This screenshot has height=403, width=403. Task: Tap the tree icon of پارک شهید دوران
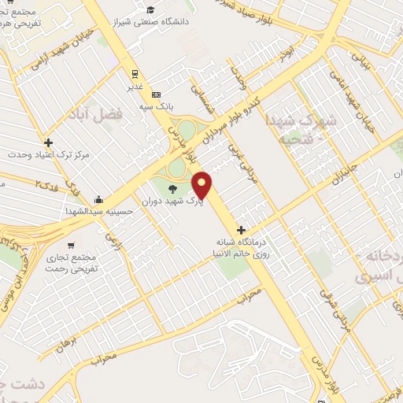pos(172,187)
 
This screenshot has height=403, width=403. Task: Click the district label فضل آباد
pos(119,115)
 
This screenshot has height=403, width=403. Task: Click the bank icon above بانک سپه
pos(156,92)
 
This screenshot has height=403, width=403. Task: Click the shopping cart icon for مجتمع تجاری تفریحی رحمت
pos(72,245)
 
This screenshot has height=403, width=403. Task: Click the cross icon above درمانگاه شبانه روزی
pos(251,229)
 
